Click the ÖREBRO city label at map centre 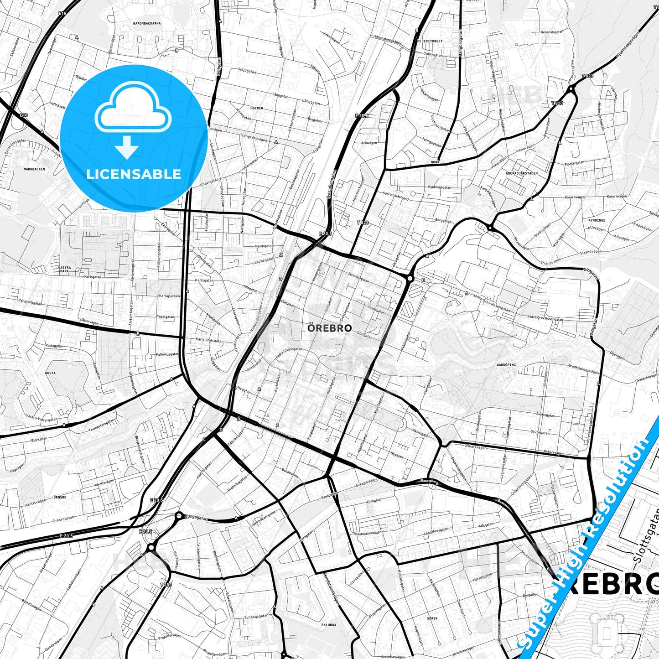pos(329,328)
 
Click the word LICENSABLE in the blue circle pos(134,174)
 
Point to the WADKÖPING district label pos(506,365)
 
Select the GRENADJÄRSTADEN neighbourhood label pos(521,173)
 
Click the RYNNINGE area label pos(597,220)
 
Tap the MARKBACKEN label pos(34,169)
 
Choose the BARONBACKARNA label pos(147,23)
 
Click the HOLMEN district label pos(257,108)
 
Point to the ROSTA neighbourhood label pos(50,373)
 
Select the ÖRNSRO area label pos(60,497)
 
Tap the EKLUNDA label pos(329,625)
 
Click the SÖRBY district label pos(432,618)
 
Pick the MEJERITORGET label pos(430,41)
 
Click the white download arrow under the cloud pos(127,147)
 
